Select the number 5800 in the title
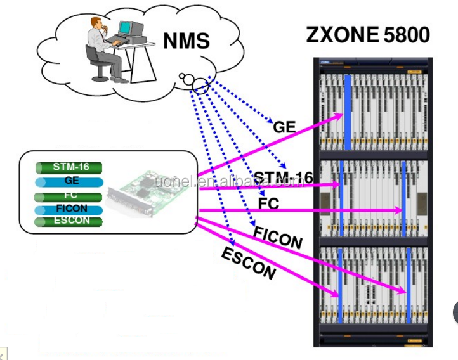(x=407, y=35)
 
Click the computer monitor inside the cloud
(x=126, y=28)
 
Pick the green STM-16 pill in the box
(x=70, y=168)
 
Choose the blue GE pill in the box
(x=70, y=181)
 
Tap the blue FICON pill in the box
(x=70, y=209)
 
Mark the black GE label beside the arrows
(x=284, y=127)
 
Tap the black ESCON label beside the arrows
(x=249, y=264)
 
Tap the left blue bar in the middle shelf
(x=341, y=196)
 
